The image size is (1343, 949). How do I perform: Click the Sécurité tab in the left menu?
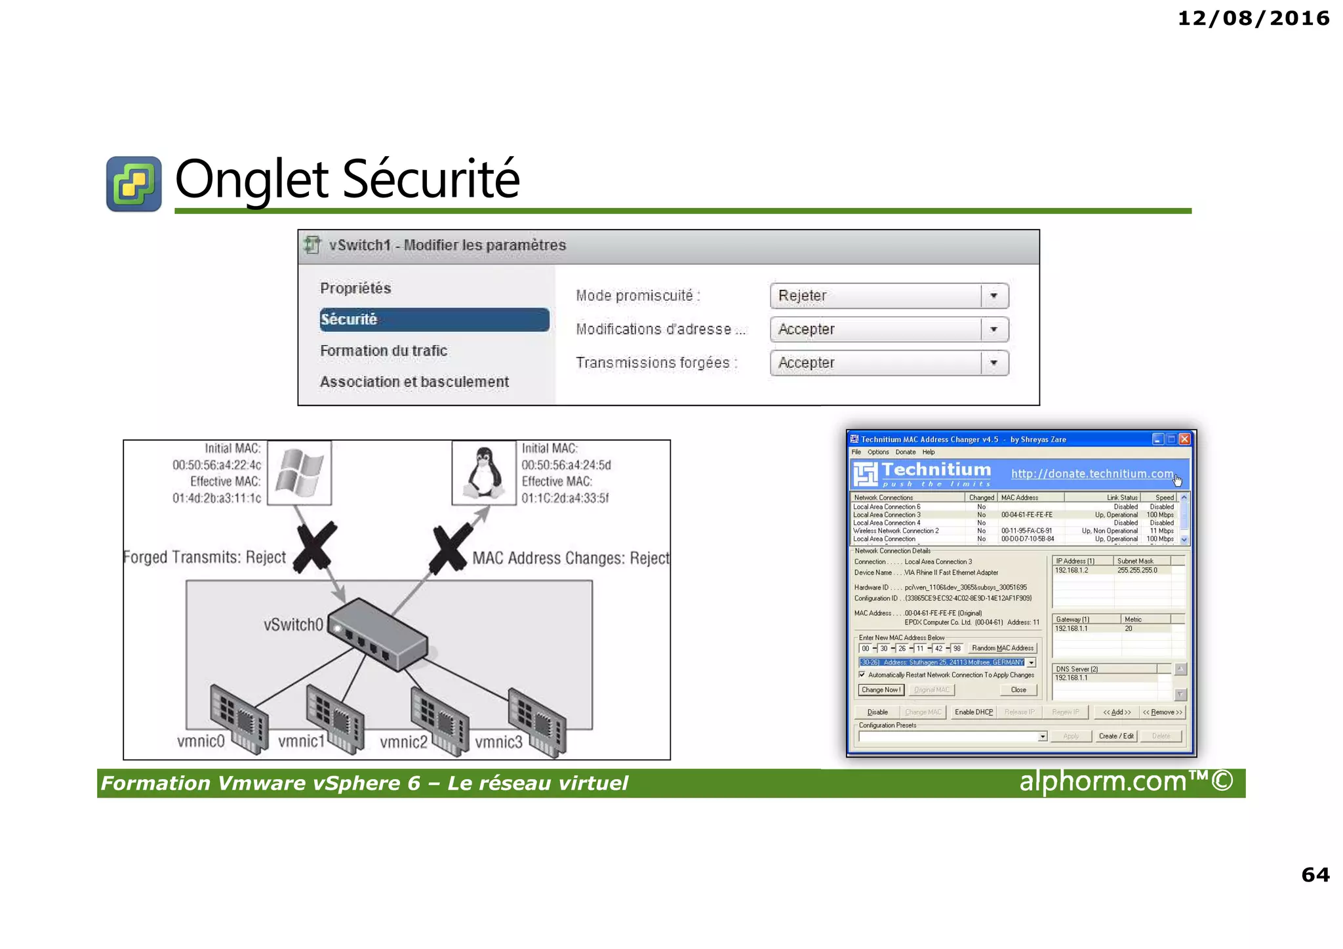[433, 319]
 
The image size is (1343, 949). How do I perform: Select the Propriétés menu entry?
[355, 288]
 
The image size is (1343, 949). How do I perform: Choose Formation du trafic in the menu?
[384, 351]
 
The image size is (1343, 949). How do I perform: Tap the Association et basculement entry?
[414, 382]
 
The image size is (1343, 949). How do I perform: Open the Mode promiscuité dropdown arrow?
[994, 296]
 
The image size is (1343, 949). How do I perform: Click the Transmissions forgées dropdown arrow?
[994, 363]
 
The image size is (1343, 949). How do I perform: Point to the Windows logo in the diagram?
[300, 473]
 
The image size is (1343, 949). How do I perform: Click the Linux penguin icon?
[483, 473]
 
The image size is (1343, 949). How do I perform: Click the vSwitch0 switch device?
[377, 633]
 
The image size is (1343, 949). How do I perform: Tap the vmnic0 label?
[201, 741]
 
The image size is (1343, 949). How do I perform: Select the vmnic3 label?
[498, 742]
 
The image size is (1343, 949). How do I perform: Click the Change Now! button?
[881, 690]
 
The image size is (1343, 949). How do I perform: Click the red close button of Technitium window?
[1184, 439]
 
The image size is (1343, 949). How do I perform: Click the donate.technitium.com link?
[1092, 474]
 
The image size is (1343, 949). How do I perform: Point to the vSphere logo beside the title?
[134, 184]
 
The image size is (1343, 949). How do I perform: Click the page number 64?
[1315, 874]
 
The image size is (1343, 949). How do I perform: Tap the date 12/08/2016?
[1253, 18]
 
